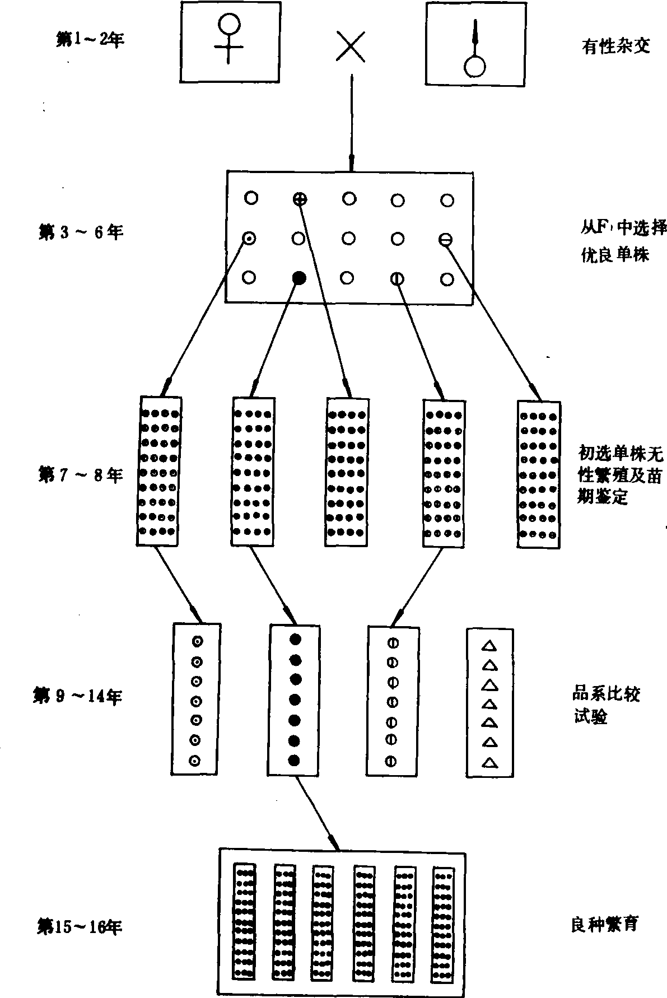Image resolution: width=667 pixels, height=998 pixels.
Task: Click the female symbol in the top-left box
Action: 230,38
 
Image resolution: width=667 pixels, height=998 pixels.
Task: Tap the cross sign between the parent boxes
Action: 351,46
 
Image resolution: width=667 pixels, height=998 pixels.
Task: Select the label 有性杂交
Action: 615,46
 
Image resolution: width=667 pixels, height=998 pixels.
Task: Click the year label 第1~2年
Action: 90,40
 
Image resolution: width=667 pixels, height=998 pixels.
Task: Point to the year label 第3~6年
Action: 81,232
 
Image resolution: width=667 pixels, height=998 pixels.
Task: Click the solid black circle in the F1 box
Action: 300,277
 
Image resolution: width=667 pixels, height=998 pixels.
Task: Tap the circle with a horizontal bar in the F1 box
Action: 446,239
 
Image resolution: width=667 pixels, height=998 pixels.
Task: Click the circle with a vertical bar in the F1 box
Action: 397,278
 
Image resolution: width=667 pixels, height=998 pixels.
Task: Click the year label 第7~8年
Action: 81,475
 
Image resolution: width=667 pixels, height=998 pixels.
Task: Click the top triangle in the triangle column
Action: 489,646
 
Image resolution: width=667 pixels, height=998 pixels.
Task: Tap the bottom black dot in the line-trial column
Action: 295,760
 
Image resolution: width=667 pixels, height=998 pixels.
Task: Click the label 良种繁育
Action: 605,925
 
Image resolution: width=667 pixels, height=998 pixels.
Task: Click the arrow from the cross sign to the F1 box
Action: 351,123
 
